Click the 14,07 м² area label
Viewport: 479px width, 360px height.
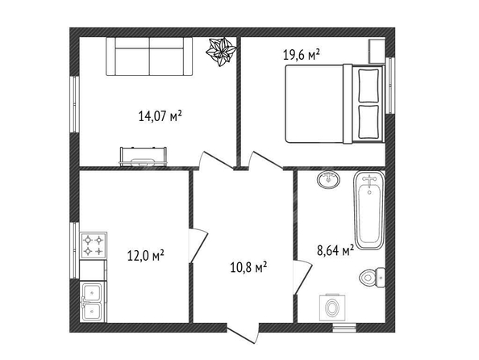pyautogui.click(x=160, y=116)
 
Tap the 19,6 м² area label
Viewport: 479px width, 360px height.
pyautogui.click(x=302, y=56)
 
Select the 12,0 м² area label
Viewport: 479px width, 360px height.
pyautogui.click(x=146, y=255)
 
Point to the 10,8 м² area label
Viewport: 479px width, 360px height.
pyautogui.click(x=248, y=267)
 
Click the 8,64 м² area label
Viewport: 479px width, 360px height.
pyautogui.click(x=335, y=250)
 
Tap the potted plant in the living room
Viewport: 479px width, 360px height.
pyautogui.click(x=221, y=52)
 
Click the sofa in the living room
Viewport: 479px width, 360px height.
pyautogui.click(x=149, y=57)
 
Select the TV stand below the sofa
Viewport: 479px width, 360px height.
pyautogui.click(x=143, y=157)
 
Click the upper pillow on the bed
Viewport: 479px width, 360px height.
pyautogui.click(x=369, y=86)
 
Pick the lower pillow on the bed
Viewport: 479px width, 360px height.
pyautogui.click(x=369, y=122)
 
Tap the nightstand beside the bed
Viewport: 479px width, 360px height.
pyautogui.click(x=377, y=51)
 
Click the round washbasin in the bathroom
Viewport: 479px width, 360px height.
pyautogui.click(x=328, y=179)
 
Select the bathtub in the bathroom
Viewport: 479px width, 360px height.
pyautogui.click(x=369, y=210)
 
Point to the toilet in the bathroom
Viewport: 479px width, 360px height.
pyautogui.click(x=372, y=278)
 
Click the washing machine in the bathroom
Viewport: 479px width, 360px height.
pyautogui.click(x=332, y=308)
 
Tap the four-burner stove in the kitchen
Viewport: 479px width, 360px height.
pyautogui.click(x=94, y=245)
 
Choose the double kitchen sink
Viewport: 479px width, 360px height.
pyautogui.click(x=94, y=301)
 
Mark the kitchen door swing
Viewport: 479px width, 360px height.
pyautogui.click(x=198, y=245)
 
